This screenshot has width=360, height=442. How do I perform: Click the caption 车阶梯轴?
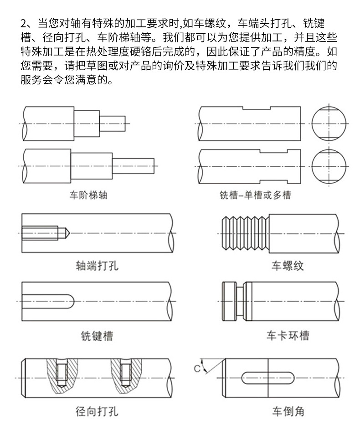(88, 195)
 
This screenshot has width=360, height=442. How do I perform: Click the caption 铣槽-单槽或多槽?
(255, 195)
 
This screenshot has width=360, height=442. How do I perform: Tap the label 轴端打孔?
(97, 265)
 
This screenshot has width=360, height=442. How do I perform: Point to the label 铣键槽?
(97, 336)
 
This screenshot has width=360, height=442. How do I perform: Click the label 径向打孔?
(97, 411)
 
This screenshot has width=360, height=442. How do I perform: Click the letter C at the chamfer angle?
(197, 368)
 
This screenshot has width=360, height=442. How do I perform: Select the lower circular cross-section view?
(329, 167)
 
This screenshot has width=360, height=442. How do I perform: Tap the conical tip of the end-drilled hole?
(65, 233)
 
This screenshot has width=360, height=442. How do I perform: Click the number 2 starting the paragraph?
(24, 23)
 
